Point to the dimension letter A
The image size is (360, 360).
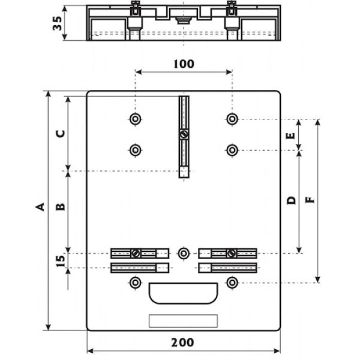click(x=40, y=207)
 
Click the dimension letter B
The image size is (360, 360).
click(x=61, y=207)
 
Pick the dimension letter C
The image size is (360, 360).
click(x=61, y=133)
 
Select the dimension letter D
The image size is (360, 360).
click(x=291, y=200)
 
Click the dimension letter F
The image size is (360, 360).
click(x=310, y=200)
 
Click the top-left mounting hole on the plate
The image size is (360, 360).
click(x=136, y=119)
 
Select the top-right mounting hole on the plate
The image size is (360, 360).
click(x=232, y=119)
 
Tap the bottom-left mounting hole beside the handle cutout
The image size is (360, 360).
click(x=136, y=282)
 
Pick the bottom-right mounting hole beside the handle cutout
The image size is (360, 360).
click(x=232, y=282)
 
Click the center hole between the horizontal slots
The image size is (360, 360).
click(x=184, y=253)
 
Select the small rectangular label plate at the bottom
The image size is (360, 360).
click(x=183, y=321)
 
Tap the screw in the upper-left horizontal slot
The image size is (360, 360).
click(x=136, y=253)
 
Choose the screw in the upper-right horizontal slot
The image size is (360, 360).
click(x=232, y=253)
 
